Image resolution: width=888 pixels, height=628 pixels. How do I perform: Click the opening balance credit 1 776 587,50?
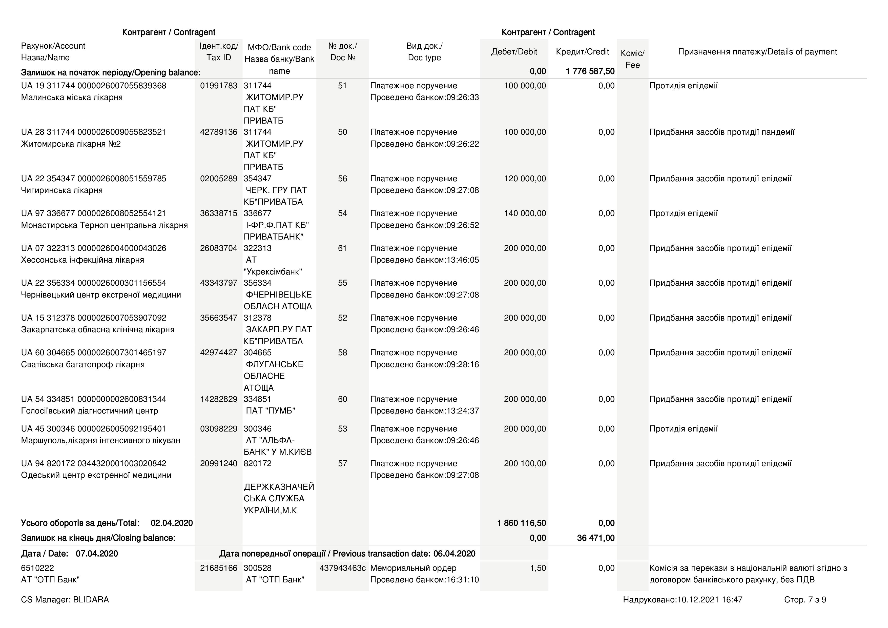click(590, 71)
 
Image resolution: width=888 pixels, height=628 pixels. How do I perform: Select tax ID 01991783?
click(218, 86)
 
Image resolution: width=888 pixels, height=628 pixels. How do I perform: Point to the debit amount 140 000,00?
click(525, 213)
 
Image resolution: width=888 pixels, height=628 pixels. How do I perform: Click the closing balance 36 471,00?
click(596, 538)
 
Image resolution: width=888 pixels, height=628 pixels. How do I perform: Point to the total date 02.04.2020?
click(172, 523)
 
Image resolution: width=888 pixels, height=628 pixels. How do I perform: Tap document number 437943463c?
click(342, 568)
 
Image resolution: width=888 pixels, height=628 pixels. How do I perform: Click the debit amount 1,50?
click(538, 568)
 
